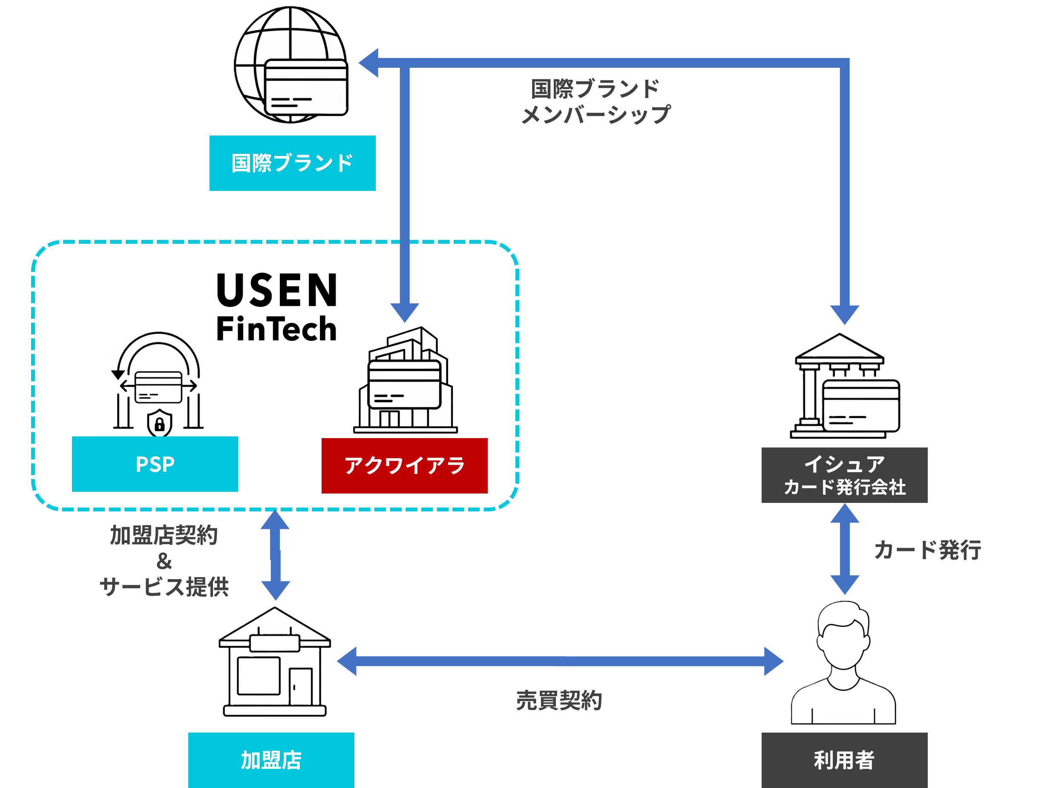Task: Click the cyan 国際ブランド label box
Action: tap(292, 163)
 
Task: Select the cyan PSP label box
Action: tap(155, 464)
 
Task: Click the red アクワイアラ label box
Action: tap(404, 465)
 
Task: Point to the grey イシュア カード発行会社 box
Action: tap(844, 475)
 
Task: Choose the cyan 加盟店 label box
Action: tap(271, 760)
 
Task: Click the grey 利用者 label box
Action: tap(844, 760)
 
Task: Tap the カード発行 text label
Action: tap(927, 550)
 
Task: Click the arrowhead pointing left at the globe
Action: tap(369, 63)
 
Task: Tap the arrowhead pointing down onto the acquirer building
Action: tap(404, 312)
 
